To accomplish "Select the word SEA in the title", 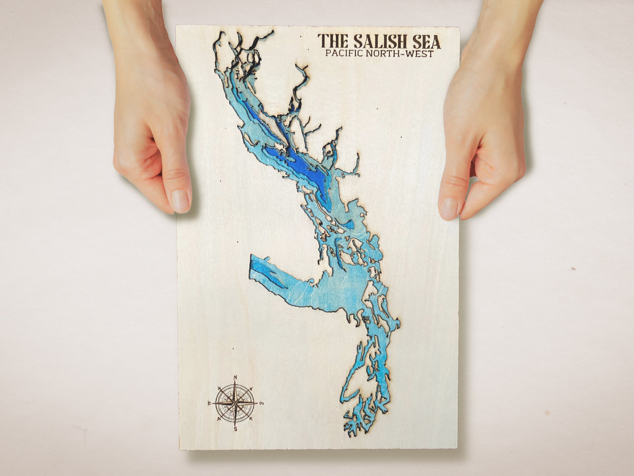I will tap(425, 42).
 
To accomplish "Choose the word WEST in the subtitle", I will tap(421, 54).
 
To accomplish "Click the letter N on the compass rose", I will tap(235, 377).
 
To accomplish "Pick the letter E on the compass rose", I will tap(261, 404).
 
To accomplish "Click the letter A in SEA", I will tap(434, 42).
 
